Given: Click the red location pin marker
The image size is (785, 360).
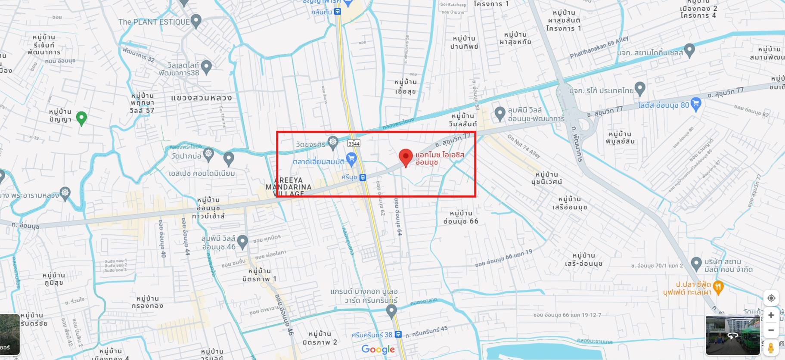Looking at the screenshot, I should pyautogui.click(x=406, y=157).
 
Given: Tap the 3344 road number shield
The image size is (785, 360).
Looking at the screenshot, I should pyautogui.click(x=354, y=143).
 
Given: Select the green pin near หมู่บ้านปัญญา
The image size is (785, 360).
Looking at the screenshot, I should pyautogui.click(x=81, y=117).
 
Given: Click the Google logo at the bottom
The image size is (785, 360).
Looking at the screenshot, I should pyautogui.click(x=378, y=349).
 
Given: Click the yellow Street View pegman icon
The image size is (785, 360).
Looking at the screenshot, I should pyautogui.click(x=771, y=348).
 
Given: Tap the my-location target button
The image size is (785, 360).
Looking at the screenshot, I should pyautogui.click(x=771, y=298).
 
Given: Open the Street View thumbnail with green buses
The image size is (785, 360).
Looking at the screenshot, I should pyautogui.click(x=732, y=335).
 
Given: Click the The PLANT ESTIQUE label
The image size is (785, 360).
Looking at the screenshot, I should pyautogui.click(x=154, y=22).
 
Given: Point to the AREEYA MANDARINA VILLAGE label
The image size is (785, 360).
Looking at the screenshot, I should pyautogui.click(x=289, y=187).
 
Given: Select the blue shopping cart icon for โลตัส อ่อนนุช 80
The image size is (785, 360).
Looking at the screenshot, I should pyautogui.click(x=696, y=103).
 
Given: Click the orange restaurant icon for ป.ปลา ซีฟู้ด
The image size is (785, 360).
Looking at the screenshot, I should pyautogui.click(x=718, y=286).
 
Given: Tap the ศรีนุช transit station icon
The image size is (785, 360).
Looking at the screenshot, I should pyautogui.click(x=363, y=177).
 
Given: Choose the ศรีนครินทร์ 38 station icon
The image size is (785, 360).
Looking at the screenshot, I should pyautogui.click(x=398, y=334).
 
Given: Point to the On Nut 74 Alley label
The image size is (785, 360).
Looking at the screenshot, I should pyautogui.click(x=524, y=146).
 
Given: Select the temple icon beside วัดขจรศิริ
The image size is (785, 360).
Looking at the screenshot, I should pyautogui.click(x=333, y=142).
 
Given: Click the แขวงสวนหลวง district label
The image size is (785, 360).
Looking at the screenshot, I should pyautogui.click(x=201, y=98).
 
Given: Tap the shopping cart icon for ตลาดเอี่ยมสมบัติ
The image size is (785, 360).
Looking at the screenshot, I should pyautogui.click(x=351, y=158).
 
